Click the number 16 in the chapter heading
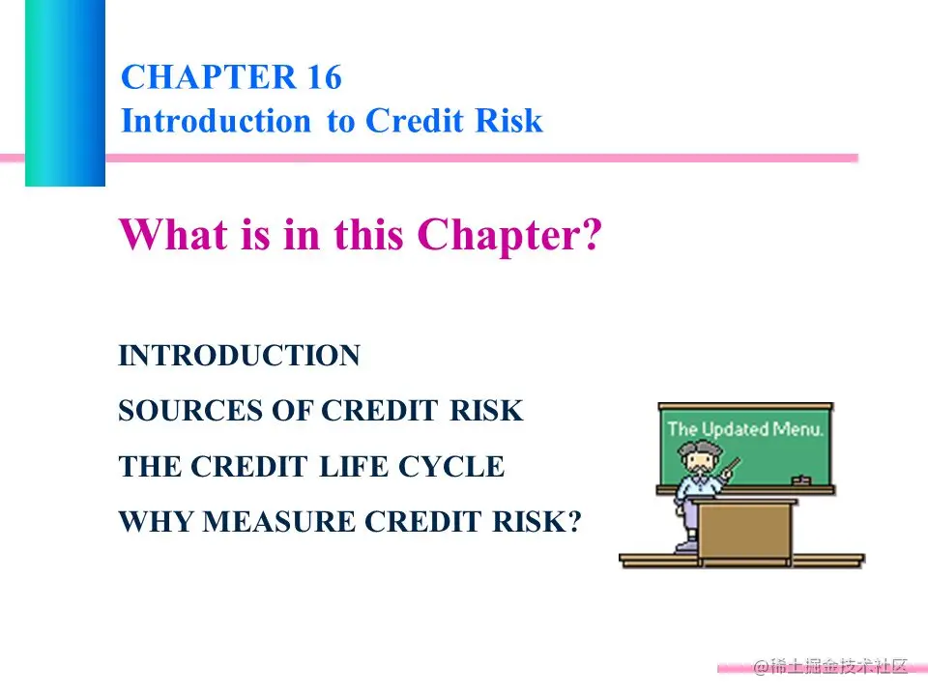click(324, 77)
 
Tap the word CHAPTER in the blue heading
click(208, 77)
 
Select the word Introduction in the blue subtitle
click(216, 121)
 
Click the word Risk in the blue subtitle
click(509, 121)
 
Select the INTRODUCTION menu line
click(239, 356)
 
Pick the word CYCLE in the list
click(451, 466)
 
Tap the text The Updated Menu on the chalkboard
click(745, 428)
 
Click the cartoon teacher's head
click(700, 457)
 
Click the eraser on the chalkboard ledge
click(800, 480)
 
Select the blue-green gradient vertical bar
click(65, 93)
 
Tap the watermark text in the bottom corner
click(829, 666)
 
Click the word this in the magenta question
click(368, 234)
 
